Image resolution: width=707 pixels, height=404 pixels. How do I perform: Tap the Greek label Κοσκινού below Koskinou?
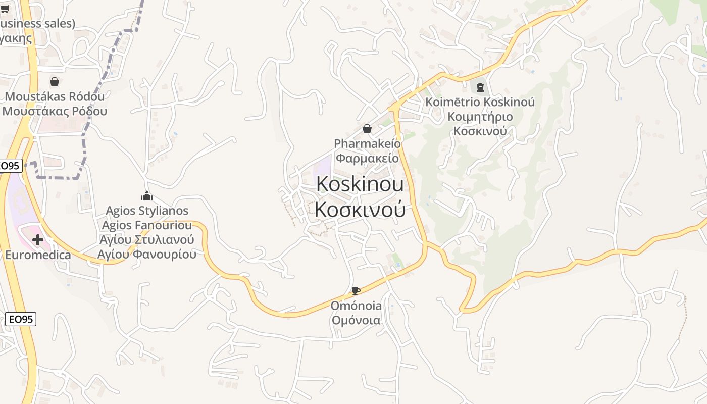[x=360, y=210]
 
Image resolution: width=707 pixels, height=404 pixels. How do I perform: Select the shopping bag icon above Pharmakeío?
[x=367, y=129]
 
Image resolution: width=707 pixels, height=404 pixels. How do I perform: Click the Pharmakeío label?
[x=367, y=144]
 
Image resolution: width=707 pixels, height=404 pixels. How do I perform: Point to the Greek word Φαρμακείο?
[x=367, y=158]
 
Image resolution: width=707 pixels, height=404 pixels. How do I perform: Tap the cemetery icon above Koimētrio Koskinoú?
[x=479, y=87]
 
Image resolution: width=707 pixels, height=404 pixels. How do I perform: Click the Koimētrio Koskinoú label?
[x=480, y=102]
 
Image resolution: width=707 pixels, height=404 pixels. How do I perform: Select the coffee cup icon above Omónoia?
[x=356, y=291]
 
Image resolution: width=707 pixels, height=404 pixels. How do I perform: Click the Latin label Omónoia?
[x=356, y=306]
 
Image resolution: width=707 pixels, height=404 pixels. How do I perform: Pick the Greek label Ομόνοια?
[x=356, y=320]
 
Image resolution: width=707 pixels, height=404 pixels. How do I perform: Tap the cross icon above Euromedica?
[x=38, y=240]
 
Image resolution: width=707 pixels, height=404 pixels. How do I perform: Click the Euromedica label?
[x=38, y=255]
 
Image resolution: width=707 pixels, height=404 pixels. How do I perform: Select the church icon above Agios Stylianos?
[x=147, y=196]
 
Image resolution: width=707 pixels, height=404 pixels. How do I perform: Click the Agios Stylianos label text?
[x=147, y=211]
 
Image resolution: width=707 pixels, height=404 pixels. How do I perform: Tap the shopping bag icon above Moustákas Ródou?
[x=55, y=82]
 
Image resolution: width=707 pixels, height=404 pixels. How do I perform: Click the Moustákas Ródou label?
[x=55, y=96]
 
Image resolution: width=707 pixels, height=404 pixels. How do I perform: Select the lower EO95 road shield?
[x=21, y=319]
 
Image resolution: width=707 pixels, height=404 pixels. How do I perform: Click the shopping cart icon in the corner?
[x=5, y=8]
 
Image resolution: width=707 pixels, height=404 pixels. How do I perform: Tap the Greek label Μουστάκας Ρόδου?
[x=55, y=111]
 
